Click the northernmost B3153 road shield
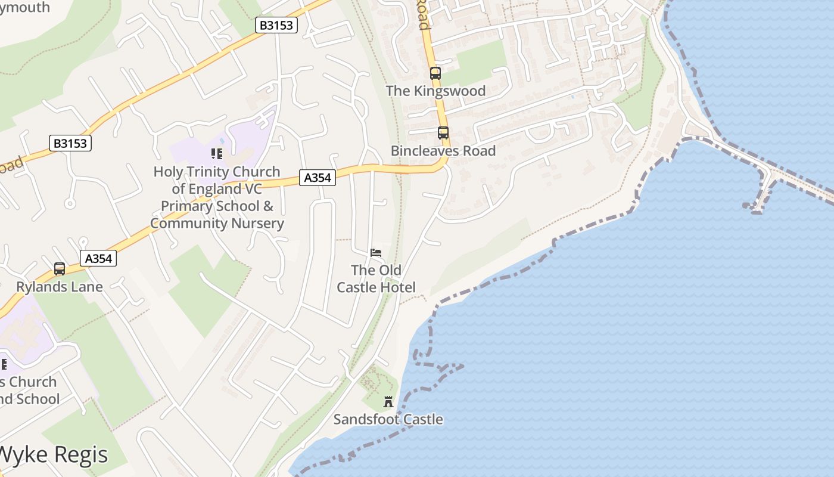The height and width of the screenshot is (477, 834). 276,25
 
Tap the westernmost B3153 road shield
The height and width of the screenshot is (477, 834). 70,143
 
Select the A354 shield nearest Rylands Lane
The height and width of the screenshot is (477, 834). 98,258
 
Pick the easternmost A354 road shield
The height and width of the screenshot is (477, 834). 317,177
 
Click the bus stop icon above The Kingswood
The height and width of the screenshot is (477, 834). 435,73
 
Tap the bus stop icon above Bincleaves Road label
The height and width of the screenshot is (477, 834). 443,133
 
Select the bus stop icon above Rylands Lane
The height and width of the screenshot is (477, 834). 60,269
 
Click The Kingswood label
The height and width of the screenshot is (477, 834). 435,91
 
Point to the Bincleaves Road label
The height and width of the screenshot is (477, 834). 443,151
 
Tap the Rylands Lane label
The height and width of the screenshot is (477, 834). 60,287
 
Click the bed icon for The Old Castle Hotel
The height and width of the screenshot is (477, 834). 376,253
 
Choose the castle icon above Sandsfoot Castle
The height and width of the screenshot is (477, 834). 388,402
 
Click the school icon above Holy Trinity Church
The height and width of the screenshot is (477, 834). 217,154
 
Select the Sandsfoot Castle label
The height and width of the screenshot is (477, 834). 388,419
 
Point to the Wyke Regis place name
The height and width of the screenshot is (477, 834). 54,454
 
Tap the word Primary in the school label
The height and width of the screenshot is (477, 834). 186,206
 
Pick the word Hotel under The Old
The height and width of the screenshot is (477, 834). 399,287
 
